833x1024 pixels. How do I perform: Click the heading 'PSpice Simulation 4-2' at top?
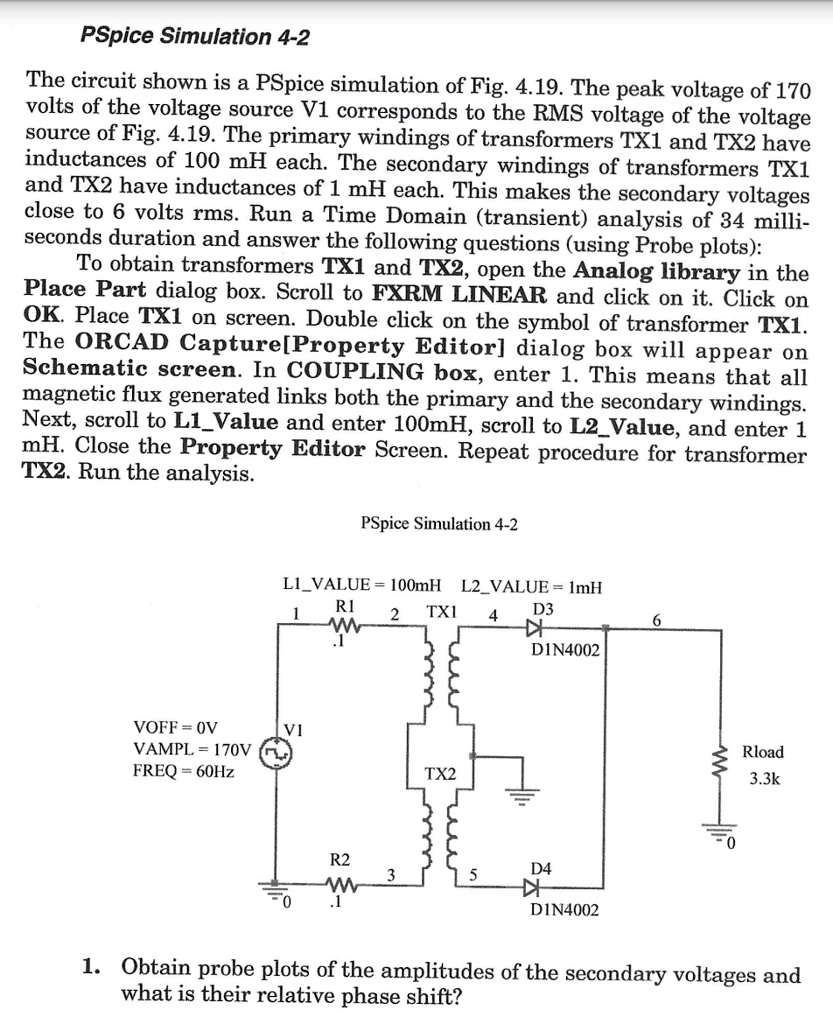pyautogui.click(x=194, y=38)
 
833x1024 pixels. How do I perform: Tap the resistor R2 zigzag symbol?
pyautogui.click(x=342, y=885)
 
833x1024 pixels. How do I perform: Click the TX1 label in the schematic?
pyautogui.click(x=441, y=611)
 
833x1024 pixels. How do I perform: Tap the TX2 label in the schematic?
pyautogui.click(x=440, y=774)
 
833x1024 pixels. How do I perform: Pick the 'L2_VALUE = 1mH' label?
pyautogui.click(x=532, y=585)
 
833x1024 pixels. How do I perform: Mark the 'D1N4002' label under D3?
pyautogui.click(x=565, y=651)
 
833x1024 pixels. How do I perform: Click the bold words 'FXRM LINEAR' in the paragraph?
pyautogui.click(x=459, y=296)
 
